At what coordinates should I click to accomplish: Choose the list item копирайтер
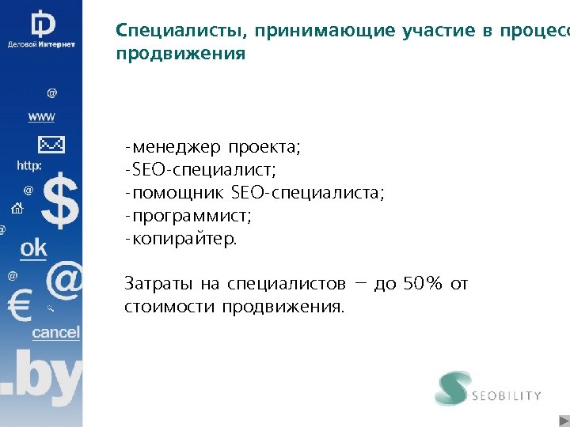coord(184,239)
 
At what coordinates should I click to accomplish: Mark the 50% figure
coord(423,283)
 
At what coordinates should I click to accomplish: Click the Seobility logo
coord(488,389)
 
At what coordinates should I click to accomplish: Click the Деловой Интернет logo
coord(41,28)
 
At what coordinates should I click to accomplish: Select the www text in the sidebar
coord(41,117)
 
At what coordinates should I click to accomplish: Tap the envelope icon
coord(51,145)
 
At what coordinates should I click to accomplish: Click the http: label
coord(30,166)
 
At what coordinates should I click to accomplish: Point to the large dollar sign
coord(60,202)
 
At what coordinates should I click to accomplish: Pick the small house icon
coord(17,209)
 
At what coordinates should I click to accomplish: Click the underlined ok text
coord(33,248)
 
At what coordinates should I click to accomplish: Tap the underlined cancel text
coord(55,332)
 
